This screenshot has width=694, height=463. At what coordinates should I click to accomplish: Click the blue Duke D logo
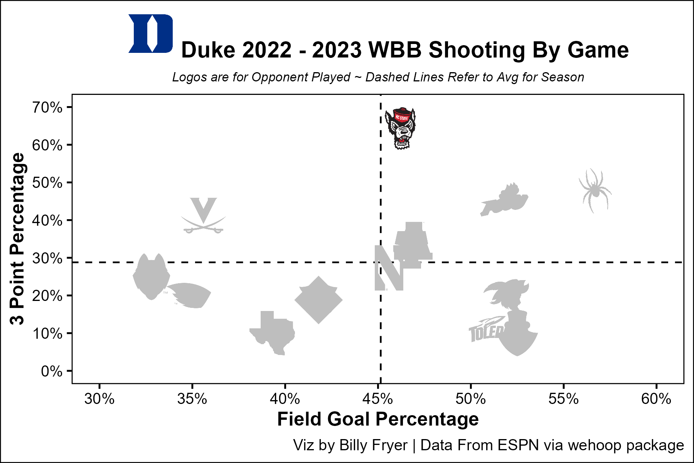pyautogui.click(x=150, y=34)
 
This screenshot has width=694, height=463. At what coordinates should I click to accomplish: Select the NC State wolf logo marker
pyautogui.click(x=400, y=128)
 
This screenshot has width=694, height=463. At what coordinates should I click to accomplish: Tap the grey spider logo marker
pyautogui.click(x=595, y=190)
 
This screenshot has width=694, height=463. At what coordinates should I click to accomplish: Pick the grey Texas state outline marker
pyautogui.click(x=273, y=332)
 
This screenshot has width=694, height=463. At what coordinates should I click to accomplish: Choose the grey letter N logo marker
pyautogui.click(x=389, y=268)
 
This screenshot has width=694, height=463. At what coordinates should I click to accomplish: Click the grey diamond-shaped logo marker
pyautogui.click(x=318, y=300)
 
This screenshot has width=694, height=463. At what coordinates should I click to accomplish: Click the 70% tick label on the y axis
pyautogui.click(x=47, y=107)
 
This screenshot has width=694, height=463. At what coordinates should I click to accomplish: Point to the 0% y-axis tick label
pyautogui.click(x=52, y=371)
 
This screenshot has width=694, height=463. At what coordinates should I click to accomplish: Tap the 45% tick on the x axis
pyautogui.click(x=378, y=399)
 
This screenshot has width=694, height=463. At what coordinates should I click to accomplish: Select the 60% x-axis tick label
pyautogui.click(x=656, y=399)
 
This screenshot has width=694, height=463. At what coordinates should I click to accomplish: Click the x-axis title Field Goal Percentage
pyautogui.click(x=378, y=419)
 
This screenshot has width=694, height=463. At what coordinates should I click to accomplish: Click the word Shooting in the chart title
pyautogui.click(x=477, y=50)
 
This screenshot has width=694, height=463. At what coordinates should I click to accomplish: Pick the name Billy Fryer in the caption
pyautogui.click(x=373, y=445)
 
